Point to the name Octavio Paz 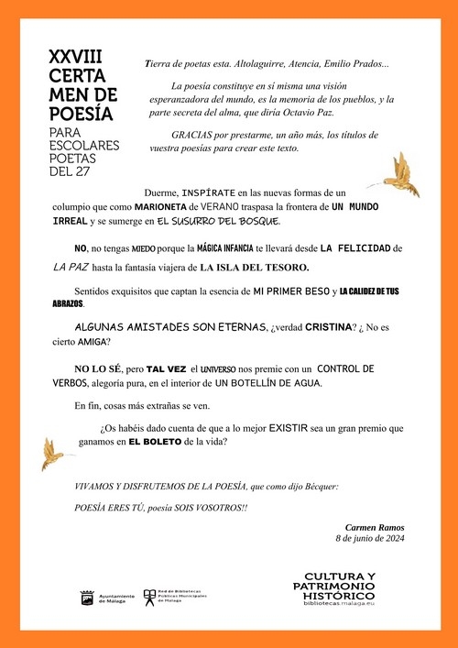point(308,113)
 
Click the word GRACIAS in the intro point(190,133)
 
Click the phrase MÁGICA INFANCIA point(210,248)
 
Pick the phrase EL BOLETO point(154,441)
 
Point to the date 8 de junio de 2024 point(370,539)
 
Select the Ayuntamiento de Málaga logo point(107,599)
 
